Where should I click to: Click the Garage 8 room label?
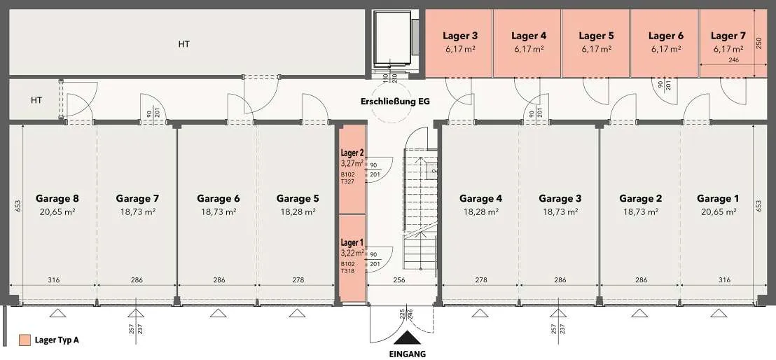[57, 199]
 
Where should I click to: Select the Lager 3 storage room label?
[460, 36]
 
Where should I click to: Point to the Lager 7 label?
[728, 36]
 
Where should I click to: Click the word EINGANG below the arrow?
[408, 354]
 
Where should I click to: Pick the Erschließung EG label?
[396, 102]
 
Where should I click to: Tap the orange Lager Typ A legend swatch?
[25, 340]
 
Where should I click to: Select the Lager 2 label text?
[352, 152]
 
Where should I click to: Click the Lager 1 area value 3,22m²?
[352, 253]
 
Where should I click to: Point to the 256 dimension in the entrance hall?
[399, 280]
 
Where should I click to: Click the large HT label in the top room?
[184, 44]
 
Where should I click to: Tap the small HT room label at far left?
[36, 100]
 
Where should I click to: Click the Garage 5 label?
[298, 199]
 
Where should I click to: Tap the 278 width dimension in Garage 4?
[481, 280]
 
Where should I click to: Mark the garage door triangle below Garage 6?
[219, 313]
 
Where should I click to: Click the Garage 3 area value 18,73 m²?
[560, 212]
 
